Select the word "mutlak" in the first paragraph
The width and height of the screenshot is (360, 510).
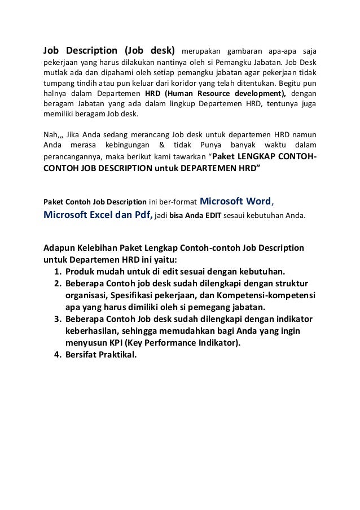click(55, 72)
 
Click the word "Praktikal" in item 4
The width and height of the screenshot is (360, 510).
click(117, 356)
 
